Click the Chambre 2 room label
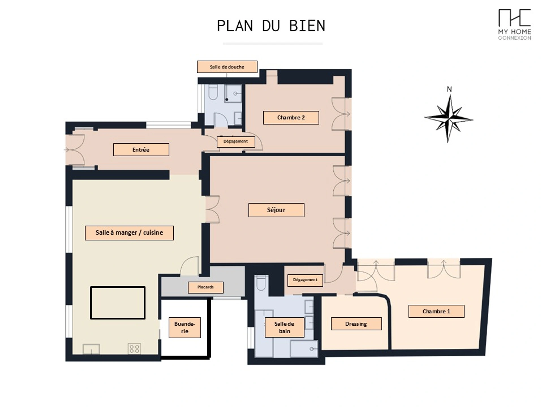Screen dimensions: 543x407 coord(291,118)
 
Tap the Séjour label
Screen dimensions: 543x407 coord(276,210)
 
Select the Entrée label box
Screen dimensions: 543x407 coord(141,150)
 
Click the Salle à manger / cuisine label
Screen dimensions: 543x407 coord(129,233)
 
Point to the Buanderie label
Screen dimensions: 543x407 coord(185,328)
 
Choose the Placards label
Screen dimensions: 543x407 coord(206,287)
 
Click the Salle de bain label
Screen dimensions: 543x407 coord(285,327)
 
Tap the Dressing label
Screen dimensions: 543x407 coord(356,324)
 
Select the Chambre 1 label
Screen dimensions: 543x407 coord(436,311)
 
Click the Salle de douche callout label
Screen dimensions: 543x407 coord(227,67)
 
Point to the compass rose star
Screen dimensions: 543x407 coord(449,119)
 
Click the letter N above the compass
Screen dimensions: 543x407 coord(449,89)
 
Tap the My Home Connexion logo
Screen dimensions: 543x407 coord(514,25)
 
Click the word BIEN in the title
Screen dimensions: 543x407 coord(307,26)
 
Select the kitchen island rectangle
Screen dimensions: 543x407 coord(118,303)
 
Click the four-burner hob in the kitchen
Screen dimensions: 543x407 coord(134,348)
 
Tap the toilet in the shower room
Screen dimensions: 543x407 coord(213,92)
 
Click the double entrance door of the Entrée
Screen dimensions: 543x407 coord(75,150)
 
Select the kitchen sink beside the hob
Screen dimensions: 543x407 coord(91,349)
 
